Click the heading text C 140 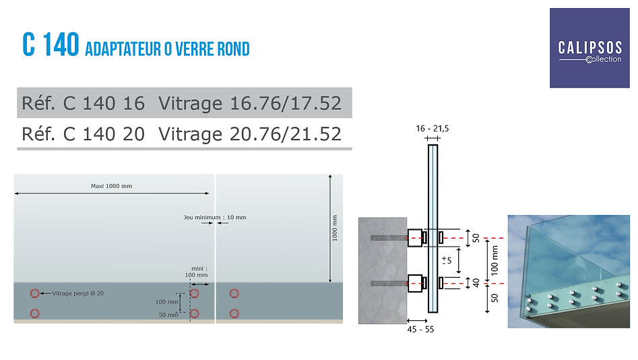(x=51, y=45)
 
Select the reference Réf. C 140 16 (x=84, y=103)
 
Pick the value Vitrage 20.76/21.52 (x=249, y=134)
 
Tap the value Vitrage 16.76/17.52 (x=249, y=103)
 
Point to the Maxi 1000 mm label (x=111, y=186)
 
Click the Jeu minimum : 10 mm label (x=215, y=217)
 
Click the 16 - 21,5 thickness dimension (x=432, y=128)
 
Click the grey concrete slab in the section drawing (x=382, y=270)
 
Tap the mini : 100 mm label (x=196, y=271)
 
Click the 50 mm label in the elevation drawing (x=168, y=314)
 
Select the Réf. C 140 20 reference (x=84, y=134)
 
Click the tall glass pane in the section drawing (x=433, y=202)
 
